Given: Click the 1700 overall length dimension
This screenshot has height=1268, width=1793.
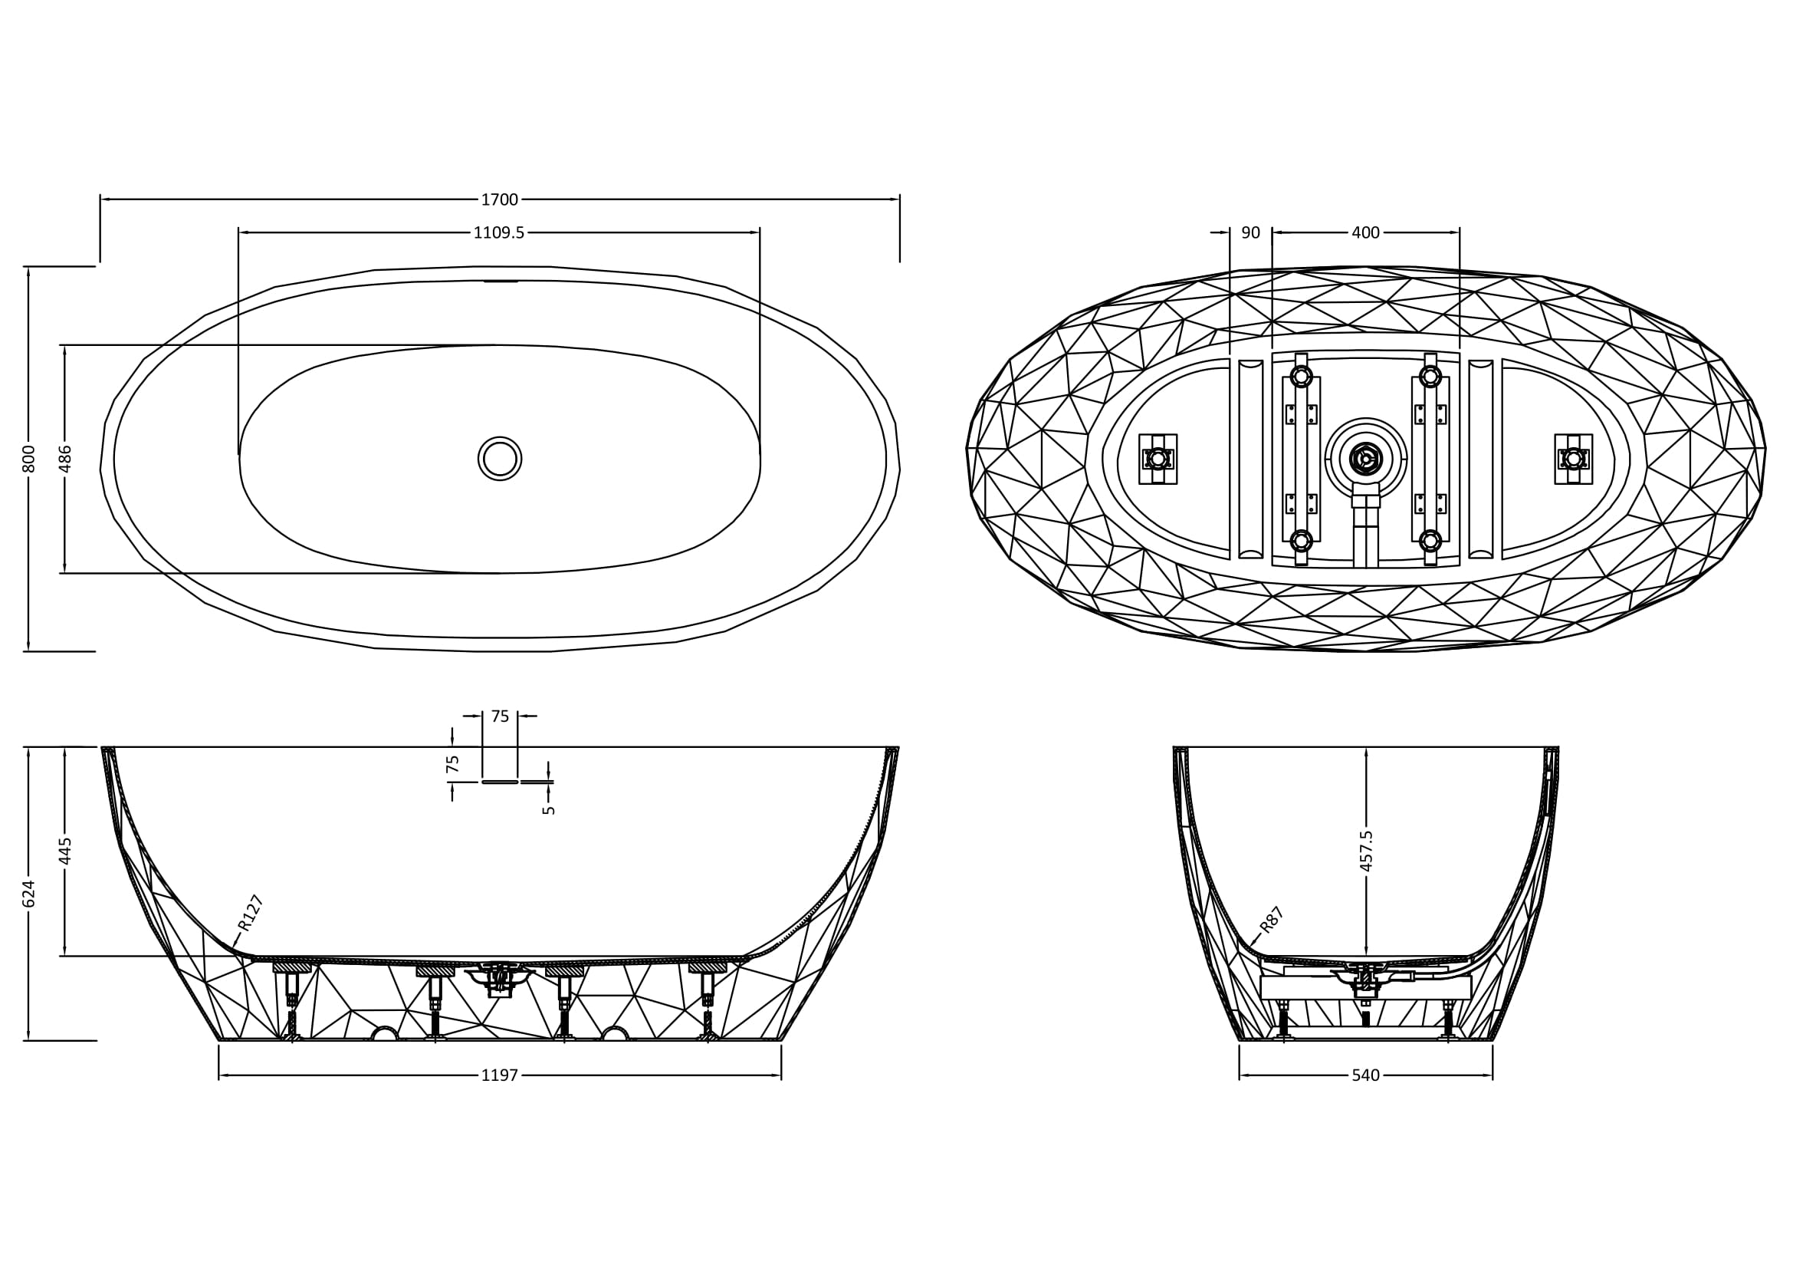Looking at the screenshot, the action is pyautogui.click(x=499, y=200).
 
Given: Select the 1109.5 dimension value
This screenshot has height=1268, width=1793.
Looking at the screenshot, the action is pyautogui.click(x=499, y=233).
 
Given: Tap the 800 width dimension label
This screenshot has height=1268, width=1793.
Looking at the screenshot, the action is pyautogui.click(x=29, y=459).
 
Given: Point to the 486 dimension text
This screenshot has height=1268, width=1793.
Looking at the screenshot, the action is pyautogui.click(x=66, y=459).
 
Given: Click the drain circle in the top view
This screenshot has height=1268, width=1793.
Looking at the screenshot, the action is pyautogui.click(x=500, y=459).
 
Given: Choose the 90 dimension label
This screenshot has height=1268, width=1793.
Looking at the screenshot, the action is pyautogui.click(x=1250, y=233).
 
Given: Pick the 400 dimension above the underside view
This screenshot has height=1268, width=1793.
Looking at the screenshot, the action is pyautogui.click(x=1365, y=233).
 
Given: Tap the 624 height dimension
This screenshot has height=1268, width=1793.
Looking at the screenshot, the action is pyautogui.click(x=29, y=894).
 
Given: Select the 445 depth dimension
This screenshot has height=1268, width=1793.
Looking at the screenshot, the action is pyautogui.click(x=66, y=851).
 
